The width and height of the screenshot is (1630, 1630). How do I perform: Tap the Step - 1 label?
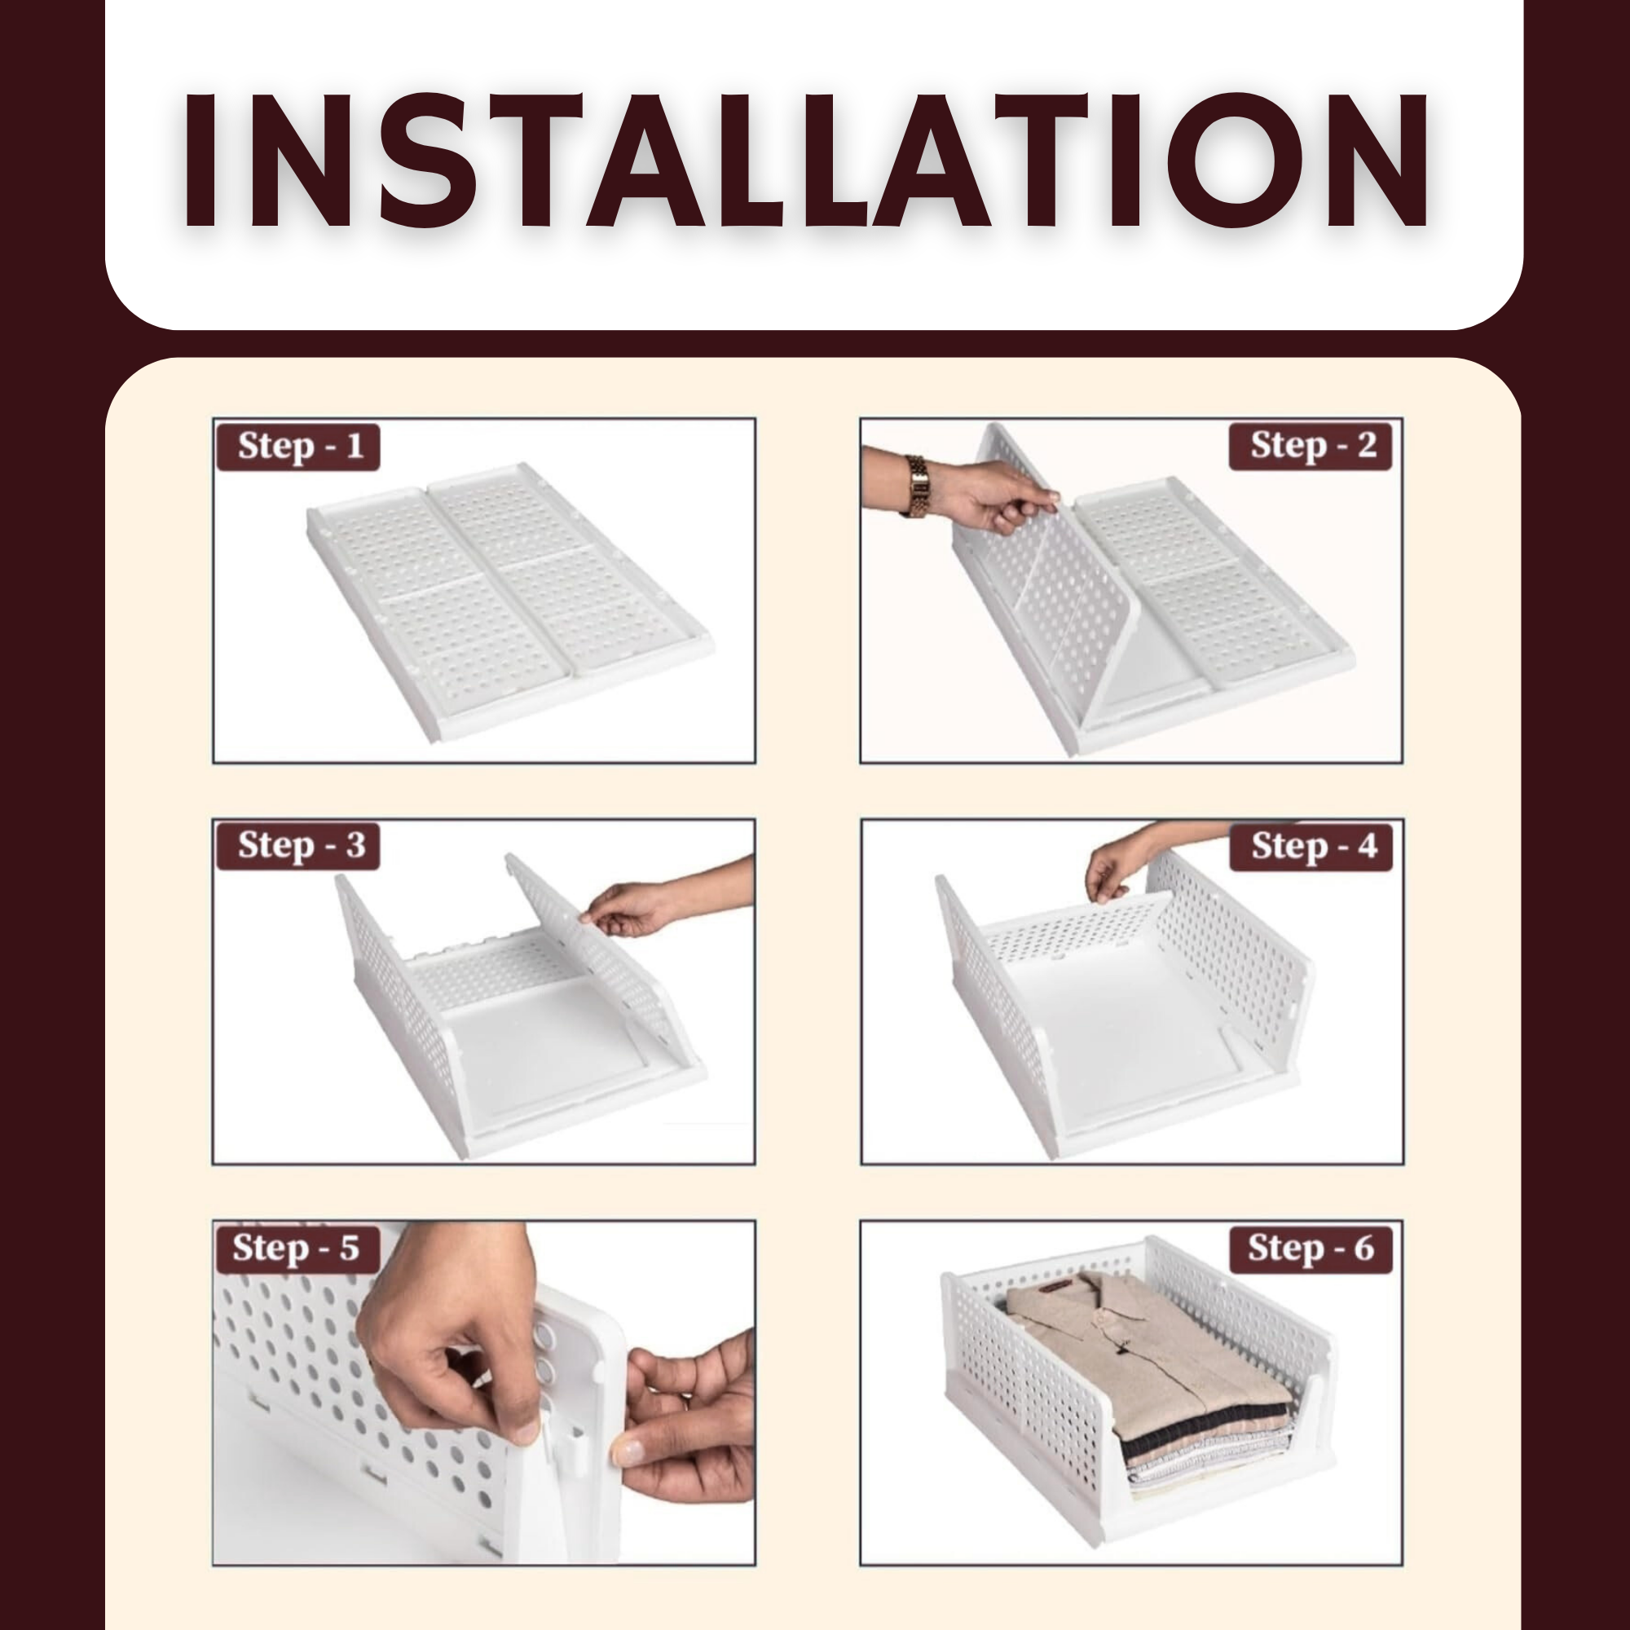tap(299, 447)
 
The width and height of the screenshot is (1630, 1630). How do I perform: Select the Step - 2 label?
tap(1312, 446)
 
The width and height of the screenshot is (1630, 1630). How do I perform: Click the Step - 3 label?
tap(299, 845)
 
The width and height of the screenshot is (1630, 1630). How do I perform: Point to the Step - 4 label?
tap(1312, 845)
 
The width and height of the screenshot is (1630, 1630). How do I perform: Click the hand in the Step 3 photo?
tap(628, 908)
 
